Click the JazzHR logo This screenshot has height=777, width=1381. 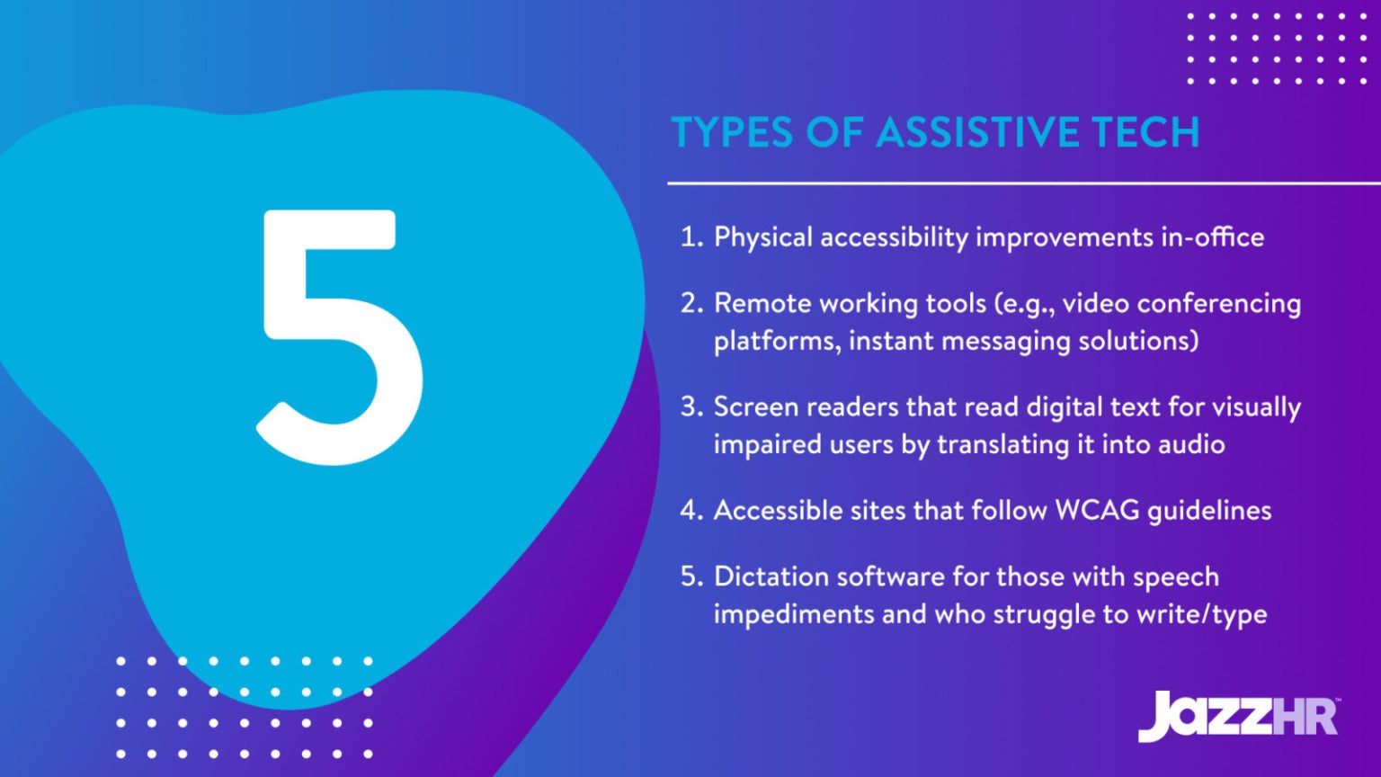(1239, 716)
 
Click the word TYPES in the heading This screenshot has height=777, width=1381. (732, 132)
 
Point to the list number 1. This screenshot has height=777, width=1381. (690, 237)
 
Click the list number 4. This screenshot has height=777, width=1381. (690, 511)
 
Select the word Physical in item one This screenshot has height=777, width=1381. (762, 237)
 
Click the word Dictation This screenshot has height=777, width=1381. (771, 576)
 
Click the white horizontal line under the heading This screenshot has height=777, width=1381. (1023, 183)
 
